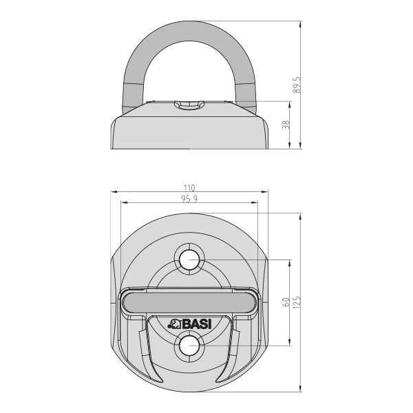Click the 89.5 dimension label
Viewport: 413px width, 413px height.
[296, 85]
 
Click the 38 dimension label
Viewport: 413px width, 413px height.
[286, 125]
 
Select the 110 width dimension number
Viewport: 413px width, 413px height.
[189, 188]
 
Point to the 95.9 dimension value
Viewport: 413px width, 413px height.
[189, 199]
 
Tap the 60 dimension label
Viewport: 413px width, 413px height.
[286, 302]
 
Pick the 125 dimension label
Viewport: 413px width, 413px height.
[296, 302]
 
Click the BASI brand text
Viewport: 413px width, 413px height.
[196, 324]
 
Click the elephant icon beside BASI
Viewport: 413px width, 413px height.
[174, 324]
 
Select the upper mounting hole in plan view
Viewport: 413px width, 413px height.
[189, 260]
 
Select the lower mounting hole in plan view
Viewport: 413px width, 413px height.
[189, 346]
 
